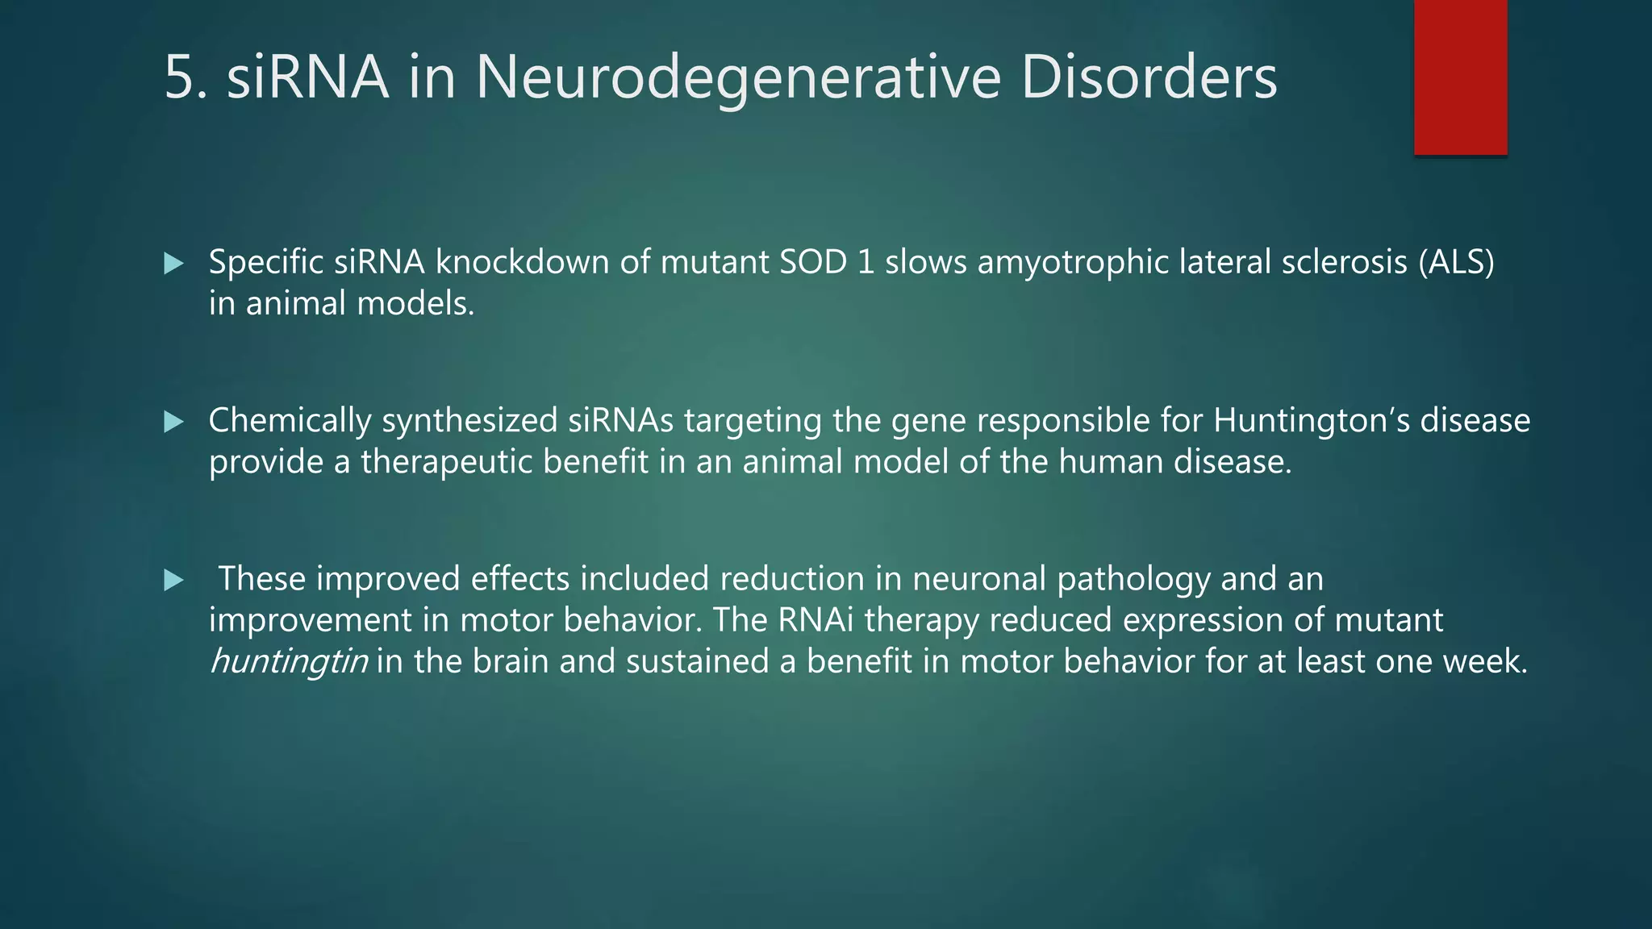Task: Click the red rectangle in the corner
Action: pos(1460,77)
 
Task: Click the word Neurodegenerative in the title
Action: pos(737,77)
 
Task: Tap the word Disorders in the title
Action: pos(1149,77)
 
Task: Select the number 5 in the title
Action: pos(179,77)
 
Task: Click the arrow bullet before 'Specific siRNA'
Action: pos(173,263)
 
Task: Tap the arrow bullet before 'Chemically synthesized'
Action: pos(173,422)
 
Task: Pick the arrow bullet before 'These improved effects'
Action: pos(173,580)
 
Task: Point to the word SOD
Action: pos(813,262)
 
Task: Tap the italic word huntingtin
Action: pos(288,661)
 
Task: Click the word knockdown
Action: pos(522,262)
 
